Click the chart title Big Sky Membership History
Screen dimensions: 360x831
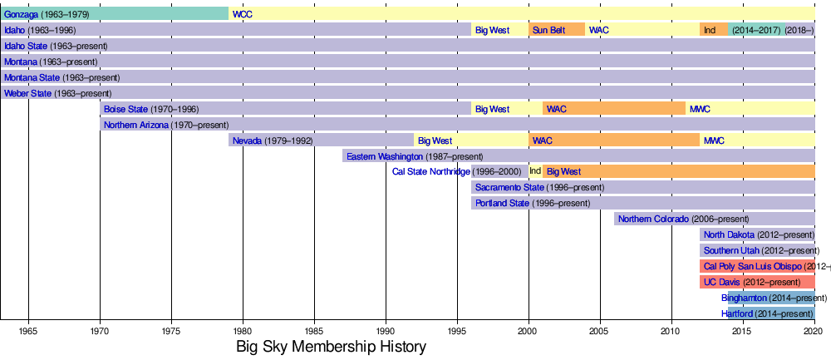pos(331,347)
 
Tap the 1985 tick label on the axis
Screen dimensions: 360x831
pos(314,330)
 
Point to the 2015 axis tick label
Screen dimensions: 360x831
pos(741,330)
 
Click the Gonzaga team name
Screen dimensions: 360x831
pos(22,14)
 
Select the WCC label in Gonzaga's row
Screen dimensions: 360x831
pos(243,14)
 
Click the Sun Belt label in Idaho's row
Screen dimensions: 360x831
pos(548,30)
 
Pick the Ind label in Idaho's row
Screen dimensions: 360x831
pos(710,30)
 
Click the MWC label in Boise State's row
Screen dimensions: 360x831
pos(700,109)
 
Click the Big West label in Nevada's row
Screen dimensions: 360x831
pos(435,141)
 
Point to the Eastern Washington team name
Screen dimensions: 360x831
pos(384,156)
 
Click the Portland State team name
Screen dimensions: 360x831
pos(502,204)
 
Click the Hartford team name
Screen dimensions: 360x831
pos(737,313)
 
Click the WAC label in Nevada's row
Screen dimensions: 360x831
pos(542,141)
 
